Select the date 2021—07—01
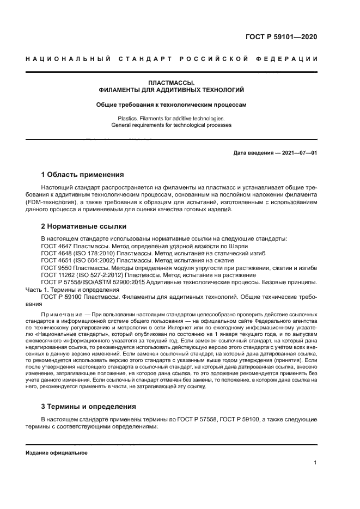[298, 153]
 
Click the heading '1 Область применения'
[83, 175]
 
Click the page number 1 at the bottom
[315, 463]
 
